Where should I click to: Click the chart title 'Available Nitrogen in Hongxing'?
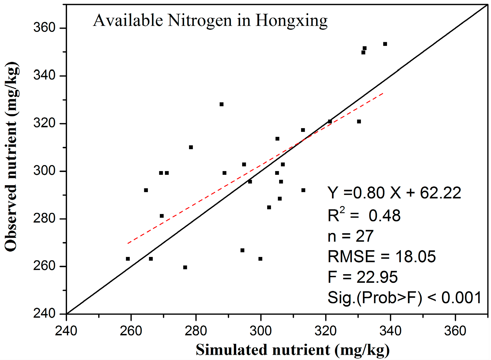pos(210,21)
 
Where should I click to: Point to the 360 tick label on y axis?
pos(44,28)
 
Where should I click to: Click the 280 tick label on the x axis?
pos(196,331)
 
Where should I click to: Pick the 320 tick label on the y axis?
pos(44,123)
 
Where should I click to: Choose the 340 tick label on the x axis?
pos(390,331)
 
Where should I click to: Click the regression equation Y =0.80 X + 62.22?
pos(394,193)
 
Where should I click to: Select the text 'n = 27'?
pos(350,236)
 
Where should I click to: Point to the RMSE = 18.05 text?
pos(381,257)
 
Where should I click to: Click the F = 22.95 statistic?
pos(362,277)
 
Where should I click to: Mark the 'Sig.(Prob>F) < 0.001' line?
pos(404,298)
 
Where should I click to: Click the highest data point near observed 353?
pos(385,44)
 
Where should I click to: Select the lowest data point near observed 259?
pos(185,268)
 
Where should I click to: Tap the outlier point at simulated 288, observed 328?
pos(221,104)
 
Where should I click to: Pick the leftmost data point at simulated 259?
pos(128,259)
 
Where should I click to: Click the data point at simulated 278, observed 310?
pos(191,147)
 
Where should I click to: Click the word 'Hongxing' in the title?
pos(291,21)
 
